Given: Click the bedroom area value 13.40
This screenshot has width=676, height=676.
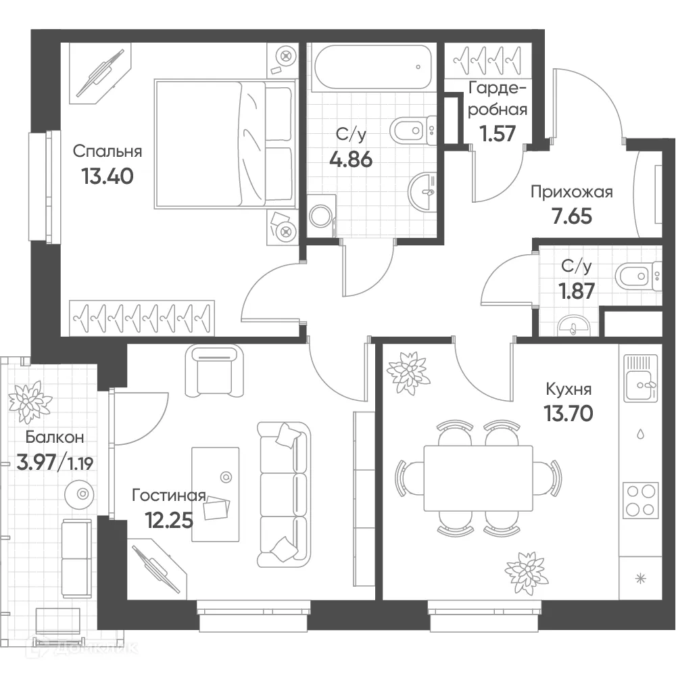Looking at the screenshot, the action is pos(107,176).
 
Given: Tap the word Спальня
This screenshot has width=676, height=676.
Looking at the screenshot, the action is pos(107,151).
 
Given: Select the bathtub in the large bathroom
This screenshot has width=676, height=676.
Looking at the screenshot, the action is pos(372,67).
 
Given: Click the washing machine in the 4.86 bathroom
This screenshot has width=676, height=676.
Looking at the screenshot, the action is pos(321,216).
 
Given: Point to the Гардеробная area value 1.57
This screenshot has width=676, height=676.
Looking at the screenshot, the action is pos(498,133).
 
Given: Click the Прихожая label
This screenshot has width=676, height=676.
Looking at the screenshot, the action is pos(572,192).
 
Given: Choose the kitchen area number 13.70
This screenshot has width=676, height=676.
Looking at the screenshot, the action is pos(569,414).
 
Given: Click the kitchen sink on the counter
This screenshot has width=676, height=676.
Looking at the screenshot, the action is pos(641,378).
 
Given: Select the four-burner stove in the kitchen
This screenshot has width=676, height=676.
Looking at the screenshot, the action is pos(641,500).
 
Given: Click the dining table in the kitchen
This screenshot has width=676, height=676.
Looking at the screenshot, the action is pos(478,478).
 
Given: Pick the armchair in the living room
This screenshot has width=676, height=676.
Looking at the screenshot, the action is pos(214,370).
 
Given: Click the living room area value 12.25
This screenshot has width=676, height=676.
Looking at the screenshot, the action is pos(169,521).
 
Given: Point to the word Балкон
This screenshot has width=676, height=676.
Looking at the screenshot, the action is pos(55,437).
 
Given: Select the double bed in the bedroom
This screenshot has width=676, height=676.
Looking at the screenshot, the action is pos(226,144).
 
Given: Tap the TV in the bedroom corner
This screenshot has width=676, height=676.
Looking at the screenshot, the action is pos(101,74).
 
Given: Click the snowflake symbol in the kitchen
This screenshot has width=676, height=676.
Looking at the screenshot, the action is pos(641,579).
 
